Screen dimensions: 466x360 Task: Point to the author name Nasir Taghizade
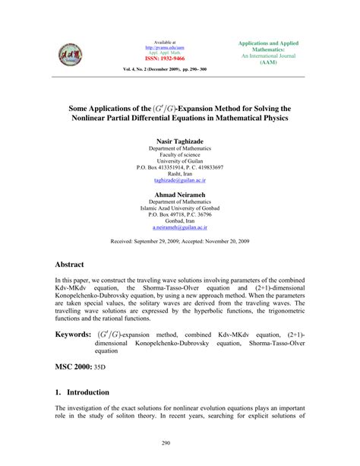[179, 141]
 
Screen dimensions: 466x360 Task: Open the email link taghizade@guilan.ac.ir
[179, 180]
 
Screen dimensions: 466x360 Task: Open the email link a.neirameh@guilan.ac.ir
[179, 227]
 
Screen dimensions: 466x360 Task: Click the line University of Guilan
[179, 160]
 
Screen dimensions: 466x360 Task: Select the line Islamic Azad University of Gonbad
[179, 207]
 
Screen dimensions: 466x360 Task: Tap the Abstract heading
[74, 265]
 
